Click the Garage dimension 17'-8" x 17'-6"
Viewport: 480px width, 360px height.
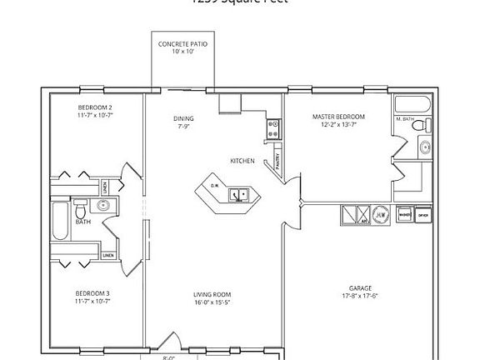360,295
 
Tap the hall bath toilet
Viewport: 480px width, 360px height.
81,205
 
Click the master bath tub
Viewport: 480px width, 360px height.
412,106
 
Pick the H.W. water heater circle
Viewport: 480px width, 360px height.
380,214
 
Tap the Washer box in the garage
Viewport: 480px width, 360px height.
404,214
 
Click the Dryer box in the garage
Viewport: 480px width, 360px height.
422,214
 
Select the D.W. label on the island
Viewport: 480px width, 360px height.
214,185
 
